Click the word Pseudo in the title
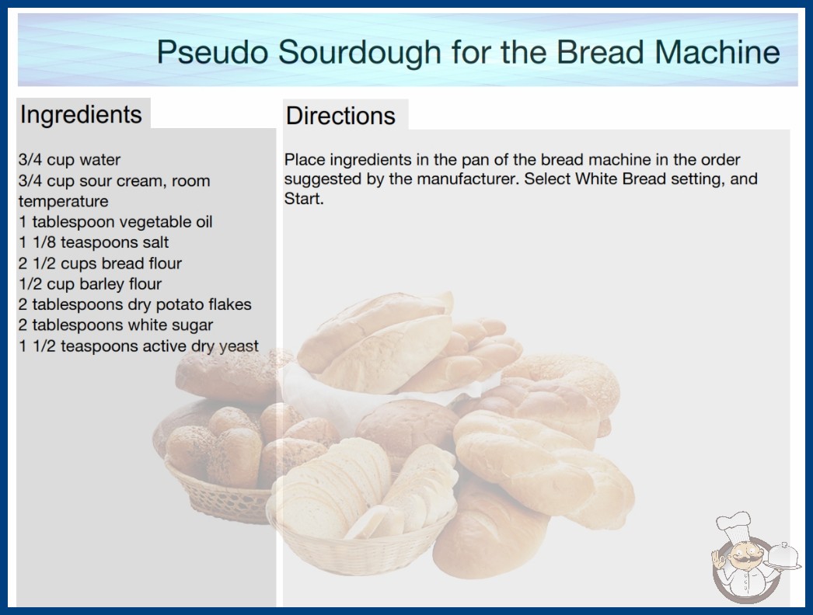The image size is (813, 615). pyautogui.click(x=213, y=52)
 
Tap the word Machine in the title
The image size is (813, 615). pyautogui.click(x=717, y=52)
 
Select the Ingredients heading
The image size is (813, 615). pyautogui.click(x=81, y=114)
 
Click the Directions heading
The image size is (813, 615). pyautogui.click(x=340, y=116)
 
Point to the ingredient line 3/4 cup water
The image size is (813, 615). pyautogui.click(x=69, y=160)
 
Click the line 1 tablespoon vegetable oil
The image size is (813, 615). pyautogui.click(x=116, y=222)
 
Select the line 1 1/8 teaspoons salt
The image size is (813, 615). pyautogui.click(x=94, y=242)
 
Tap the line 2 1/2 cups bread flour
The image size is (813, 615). pyautogui.click(x=100, y=263)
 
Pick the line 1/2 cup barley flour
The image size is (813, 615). pyautogui.click(x=90, y=284)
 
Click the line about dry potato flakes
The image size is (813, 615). pyautogui.click(x=134, y=304)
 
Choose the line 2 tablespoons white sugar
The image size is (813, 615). pyautogui.click(x=116, y=325)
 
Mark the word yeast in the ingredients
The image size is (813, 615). pyautogui.click(x=239, y=346)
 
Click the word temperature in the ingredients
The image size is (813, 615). pyautogui.click(x=63, y=202)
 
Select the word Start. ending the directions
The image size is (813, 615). pyautogui.click(x=304, y=199)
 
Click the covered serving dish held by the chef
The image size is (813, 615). pyautogui.click(x=782, y=556)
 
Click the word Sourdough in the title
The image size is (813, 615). pyautogui.click(x=360, y=52)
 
